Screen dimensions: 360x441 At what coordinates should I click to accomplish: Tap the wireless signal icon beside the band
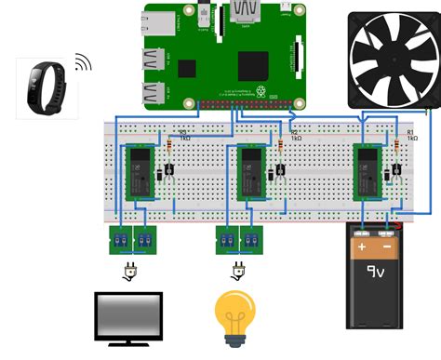[x=83, y=62]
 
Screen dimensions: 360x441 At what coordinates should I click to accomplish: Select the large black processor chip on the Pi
[x=253, y=65]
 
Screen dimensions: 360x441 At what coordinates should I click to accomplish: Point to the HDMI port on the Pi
[x=245, y=12]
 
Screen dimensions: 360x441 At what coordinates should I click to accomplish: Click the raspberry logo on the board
[x=262, y=90]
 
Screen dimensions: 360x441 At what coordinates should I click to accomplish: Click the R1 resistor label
[x=410, y=135]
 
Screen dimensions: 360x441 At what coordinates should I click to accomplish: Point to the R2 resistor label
[x=294, y=135]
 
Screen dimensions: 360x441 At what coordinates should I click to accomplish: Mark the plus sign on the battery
[x=362, y=247]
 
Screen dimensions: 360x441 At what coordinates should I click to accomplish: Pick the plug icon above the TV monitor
[x=130, y=271]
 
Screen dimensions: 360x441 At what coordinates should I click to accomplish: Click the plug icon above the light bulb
[x=238, y=271]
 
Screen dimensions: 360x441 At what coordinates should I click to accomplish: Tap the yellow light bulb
[x=236, y=314]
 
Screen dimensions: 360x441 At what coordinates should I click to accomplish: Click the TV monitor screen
[x=128, y=316]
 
